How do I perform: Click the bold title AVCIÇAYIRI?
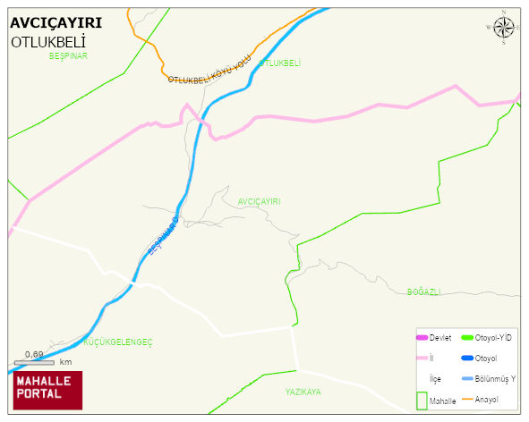pos(55,22)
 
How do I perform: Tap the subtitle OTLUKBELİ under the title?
pos(48,42)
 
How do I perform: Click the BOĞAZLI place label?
pos(424,292)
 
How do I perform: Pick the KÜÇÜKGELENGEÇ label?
pos(118,342)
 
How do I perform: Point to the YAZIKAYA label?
pos(303,392)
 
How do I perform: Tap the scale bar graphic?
pos(35,362)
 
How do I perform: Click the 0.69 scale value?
pos(35,354)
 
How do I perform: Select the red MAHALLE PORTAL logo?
pos(47,389)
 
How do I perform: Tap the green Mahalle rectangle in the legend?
pos(421,400)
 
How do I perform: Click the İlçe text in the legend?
pos(435,379)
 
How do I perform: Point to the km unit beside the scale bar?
pos(65,362)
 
